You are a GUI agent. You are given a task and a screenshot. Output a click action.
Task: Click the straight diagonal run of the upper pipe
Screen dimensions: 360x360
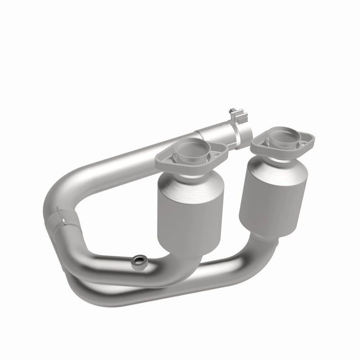[x=135, y=155]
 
